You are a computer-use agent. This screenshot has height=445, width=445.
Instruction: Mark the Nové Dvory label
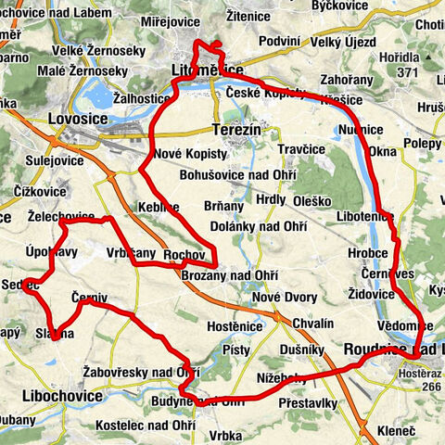click(284, 298)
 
